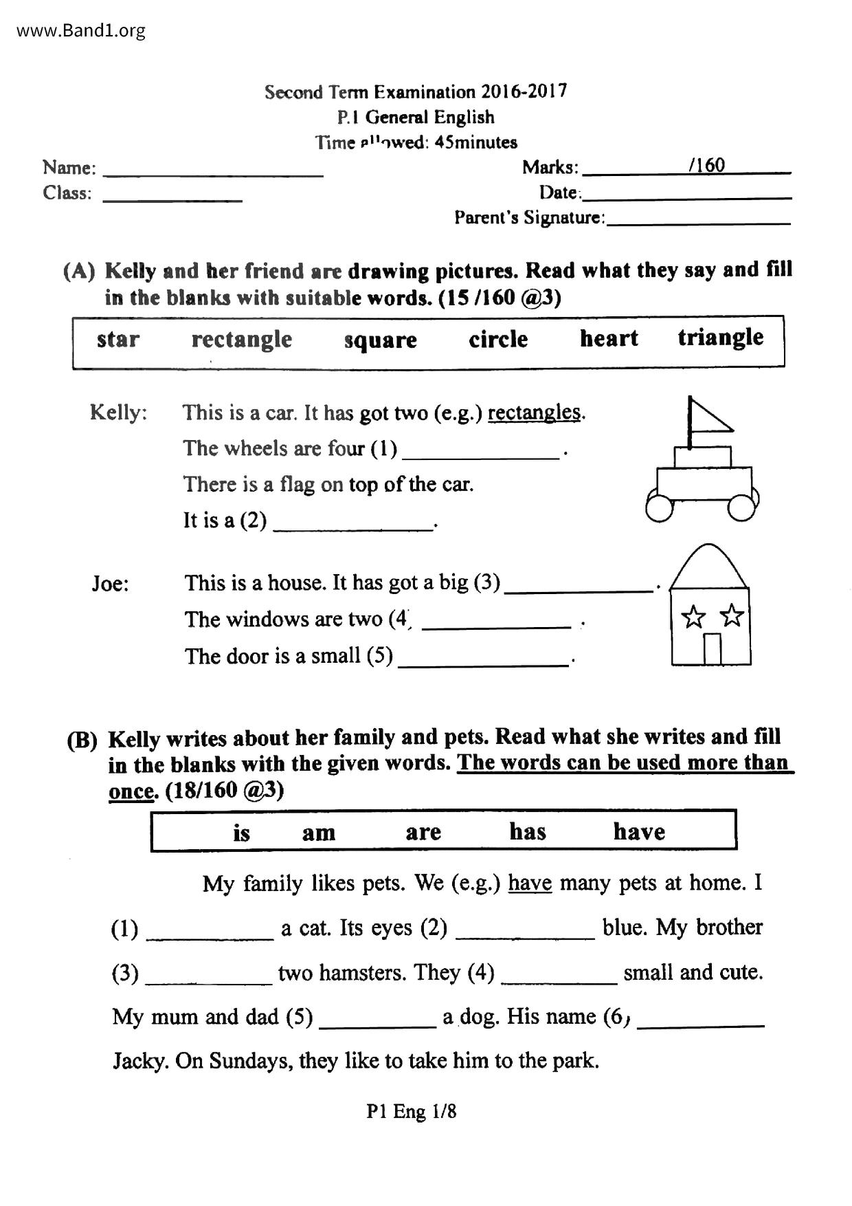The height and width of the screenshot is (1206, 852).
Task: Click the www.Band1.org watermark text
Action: click(x=80, y=31)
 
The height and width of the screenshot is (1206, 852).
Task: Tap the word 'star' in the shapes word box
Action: click(x=117, y=339)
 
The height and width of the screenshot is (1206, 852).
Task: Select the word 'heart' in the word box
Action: click(x=609, y=338)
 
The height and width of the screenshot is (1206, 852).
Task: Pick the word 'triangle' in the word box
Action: click(x=720, y=338)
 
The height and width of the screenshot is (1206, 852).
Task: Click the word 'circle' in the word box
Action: click(x=498, y=339)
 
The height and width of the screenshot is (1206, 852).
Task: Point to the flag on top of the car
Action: click(x=708, y=417)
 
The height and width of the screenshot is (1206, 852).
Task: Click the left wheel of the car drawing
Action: click(x=660, y=507)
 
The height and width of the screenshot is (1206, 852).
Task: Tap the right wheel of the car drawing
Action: click(x=741, y=507)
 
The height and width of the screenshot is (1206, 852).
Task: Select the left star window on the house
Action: click(x=693, y=617)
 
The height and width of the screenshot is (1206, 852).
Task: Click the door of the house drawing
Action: click(x=713, y=648)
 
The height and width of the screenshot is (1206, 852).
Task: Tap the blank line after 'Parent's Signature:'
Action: click(x=699, y=221)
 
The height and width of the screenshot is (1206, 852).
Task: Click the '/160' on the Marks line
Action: click(x=706, y=165)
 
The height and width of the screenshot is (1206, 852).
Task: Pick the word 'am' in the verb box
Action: click(x=319, y=833)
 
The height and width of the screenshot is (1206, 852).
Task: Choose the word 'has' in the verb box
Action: click(x=527, y=831)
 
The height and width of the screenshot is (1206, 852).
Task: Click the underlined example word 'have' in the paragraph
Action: click(x=530, y=882)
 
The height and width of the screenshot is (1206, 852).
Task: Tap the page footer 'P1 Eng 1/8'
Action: click(x=411, y=1112)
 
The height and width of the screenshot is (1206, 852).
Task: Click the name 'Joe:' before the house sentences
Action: click(x=111, y=584)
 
